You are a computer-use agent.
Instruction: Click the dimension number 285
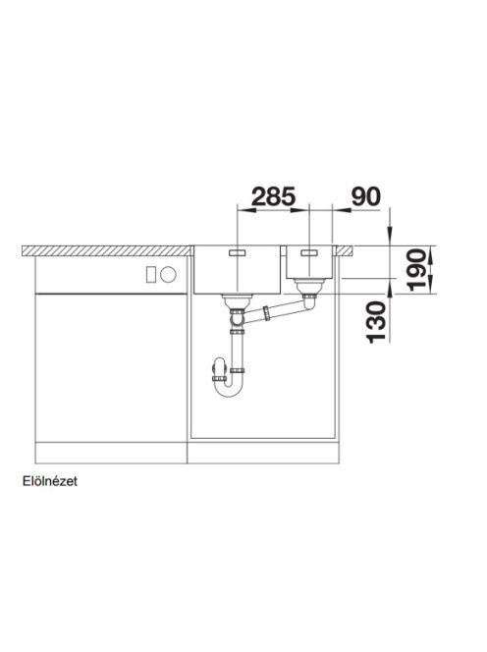coord(273,196)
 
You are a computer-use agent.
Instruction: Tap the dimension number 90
coord(365,196)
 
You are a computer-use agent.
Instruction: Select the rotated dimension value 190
coord(416,270)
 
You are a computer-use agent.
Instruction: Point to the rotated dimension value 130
coord(377,323)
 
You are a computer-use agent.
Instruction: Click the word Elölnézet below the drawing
coord(50,481)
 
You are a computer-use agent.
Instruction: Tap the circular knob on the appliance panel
coord(169,274)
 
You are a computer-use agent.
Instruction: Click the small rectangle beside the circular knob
coord(151,274)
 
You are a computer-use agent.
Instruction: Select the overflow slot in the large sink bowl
coord(238,252)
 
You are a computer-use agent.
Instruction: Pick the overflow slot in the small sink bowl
coord(309,252)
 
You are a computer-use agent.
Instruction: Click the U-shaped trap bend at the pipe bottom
coord(229,390)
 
